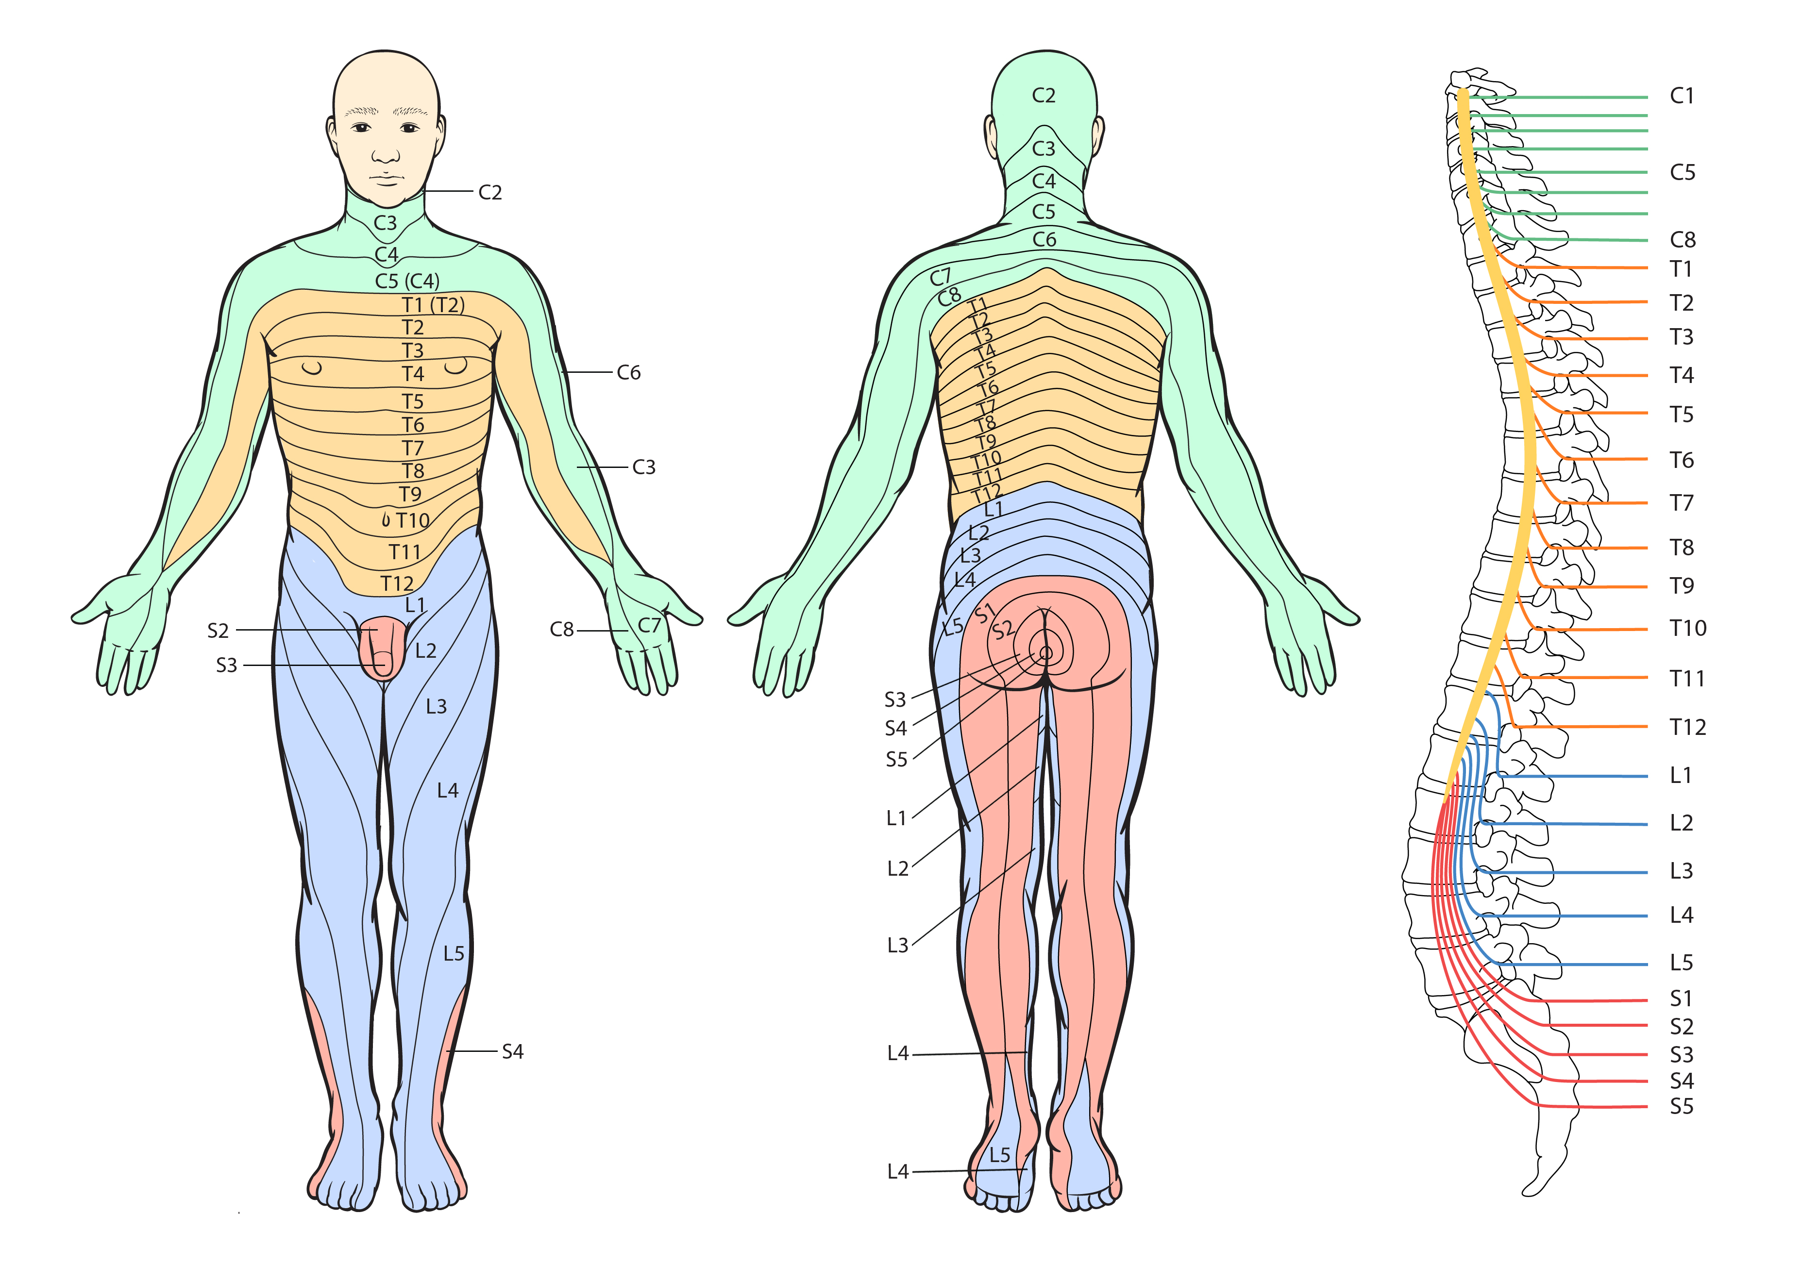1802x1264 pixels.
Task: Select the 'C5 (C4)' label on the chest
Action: [x=407, y=281]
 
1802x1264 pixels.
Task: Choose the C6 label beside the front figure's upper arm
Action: [x=629, y=373]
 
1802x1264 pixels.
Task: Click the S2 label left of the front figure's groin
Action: [x=218, y=631]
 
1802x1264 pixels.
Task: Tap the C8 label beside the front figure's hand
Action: [x=562, y=629]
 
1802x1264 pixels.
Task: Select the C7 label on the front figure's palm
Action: [x=650, y=625]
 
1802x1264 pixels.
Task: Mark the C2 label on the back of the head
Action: [x=1044, y=96]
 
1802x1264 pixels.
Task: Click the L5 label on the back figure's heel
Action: [x=1000, y=1155]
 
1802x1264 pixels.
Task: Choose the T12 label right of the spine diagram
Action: [x=1687, y=727]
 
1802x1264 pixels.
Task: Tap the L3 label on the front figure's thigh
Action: [x=437, y=707]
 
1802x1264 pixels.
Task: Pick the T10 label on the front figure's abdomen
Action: [x=413, y=520]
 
